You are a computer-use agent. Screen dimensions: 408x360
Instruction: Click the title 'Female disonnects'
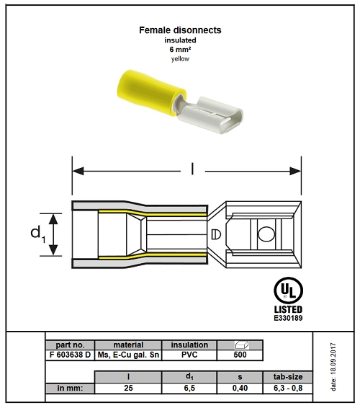point(179,30)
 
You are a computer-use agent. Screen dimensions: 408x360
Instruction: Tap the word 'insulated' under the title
point(179,41)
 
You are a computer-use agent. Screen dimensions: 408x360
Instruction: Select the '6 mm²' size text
point(179,50)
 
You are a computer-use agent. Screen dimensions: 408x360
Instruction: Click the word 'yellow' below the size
point(179,59)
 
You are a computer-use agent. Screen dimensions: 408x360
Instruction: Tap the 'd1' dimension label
point(36,234)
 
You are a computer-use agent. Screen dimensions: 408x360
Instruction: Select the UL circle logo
point(288,289)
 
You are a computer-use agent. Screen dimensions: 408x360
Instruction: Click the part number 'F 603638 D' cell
point(70,355)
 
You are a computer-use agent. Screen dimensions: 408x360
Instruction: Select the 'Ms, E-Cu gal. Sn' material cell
point(128,355)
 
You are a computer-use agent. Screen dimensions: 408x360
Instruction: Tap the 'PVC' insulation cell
point(189,355)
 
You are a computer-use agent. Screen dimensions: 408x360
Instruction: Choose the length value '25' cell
point(128,387)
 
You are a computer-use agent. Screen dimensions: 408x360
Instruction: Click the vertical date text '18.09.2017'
point(333,368)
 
